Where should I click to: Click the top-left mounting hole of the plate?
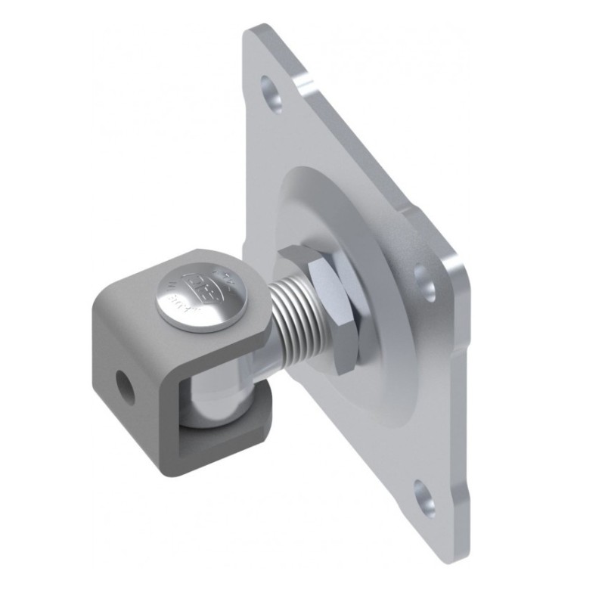271,91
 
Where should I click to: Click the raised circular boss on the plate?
378,250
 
